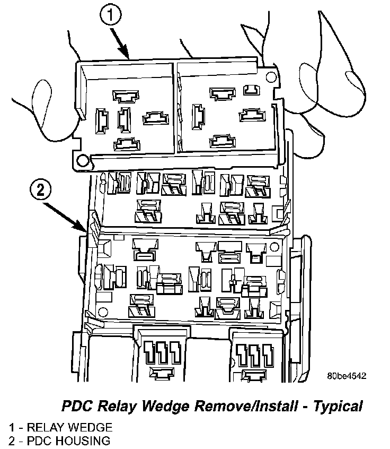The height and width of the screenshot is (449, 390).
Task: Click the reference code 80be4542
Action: pos(346,376)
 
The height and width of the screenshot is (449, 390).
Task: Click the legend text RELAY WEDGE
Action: pos(69,427)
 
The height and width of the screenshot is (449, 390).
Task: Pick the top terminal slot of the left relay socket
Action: pos(125,96)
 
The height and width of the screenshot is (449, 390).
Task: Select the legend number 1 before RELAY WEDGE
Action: pos(11,427)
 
